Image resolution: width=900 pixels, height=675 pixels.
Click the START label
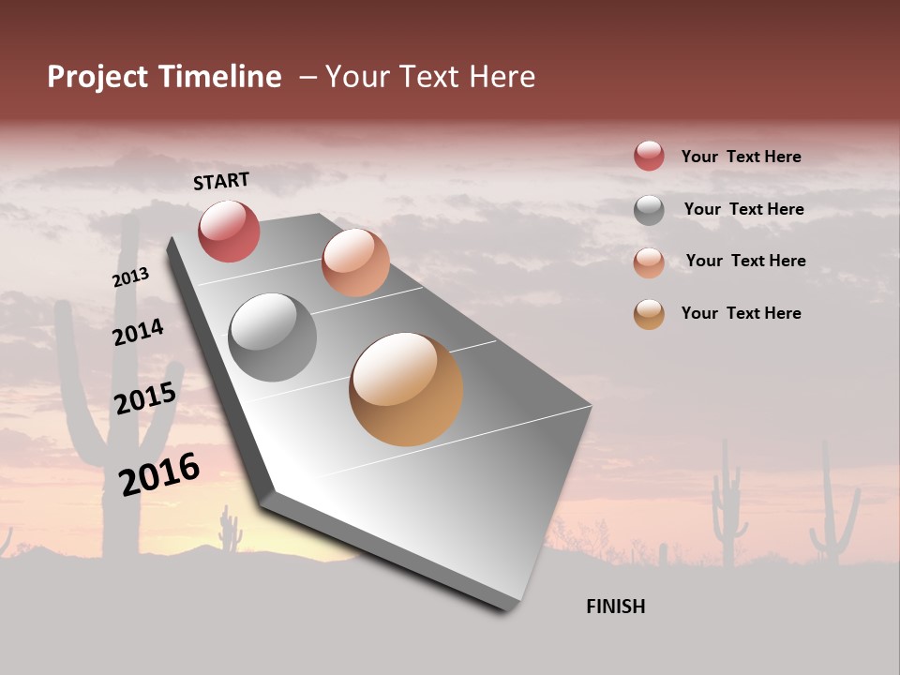(221, 181)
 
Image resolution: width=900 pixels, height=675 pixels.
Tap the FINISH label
(615, 607)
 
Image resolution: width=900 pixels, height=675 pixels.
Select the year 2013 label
(131, 277)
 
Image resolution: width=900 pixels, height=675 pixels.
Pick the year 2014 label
(138, 332)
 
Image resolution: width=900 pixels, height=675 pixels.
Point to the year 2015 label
(145, 398)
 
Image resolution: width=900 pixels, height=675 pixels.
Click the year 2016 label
(159, 473)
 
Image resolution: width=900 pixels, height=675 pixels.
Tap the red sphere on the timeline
(229, 231)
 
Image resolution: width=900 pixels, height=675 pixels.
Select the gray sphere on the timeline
(273, 337)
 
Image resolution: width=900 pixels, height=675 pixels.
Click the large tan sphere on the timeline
(406, 389)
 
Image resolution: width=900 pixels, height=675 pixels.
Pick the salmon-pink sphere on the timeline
(355, 262)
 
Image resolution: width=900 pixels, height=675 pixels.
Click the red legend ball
(649, 156)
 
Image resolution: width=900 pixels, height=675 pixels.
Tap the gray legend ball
(649, 210)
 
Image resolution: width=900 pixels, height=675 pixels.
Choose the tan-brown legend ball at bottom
(649, 314)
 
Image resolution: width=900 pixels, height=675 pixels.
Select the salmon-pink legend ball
(649, 262)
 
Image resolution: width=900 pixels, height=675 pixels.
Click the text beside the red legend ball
(741, 157)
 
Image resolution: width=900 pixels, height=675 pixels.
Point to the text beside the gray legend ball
(743, 209)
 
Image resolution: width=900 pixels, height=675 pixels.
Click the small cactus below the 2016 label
(230, 531)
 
